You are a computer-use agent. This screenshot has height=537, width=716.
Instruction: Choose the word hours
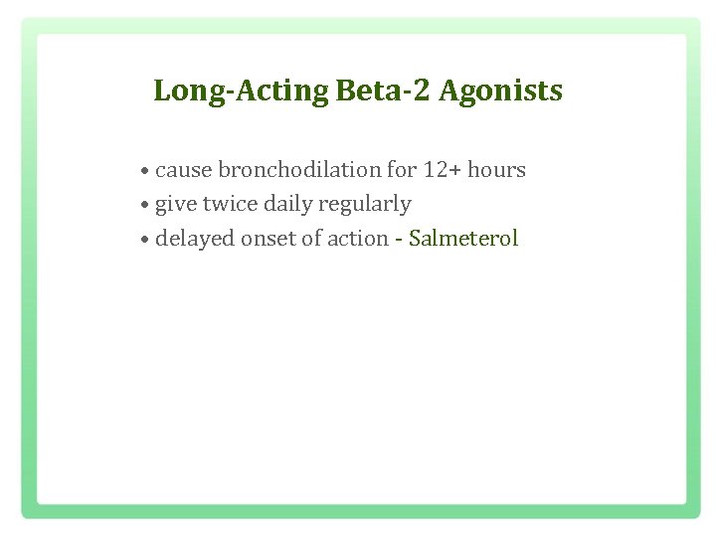[x=496, y=170]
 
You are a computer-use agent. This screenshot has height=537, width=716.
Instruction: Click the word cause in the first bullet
[x=184, y=170]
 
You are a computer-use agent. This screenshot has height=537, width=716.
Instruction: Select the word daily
[x=289, y=204]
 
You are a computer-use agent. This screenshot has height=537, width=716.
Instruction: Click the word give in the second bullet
[x=176, y=204]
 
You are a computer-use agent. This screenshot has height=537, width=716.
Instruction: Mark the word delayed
[x=192, y=239]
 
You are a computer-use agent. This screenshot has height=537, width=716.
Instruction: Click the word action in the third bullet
[x=354, y=239]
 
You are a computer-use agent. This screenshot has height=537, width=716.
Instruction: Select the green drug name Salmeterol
[x=463, y=239]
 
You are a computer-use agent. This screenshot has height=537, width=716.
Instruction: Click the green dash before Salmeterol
[x=399, y=240]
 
